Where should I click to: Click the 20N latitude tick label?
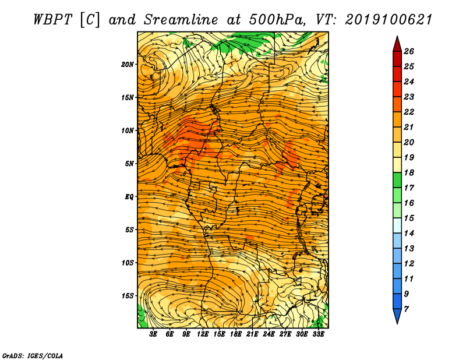[128, 65]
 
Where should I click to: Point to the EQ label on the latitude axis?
[129, 197]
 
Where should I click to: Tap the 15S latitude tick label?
[128, 296]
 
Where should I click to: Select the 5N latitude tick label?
[129, 164]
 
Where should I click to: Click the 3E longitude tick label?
[153, 334]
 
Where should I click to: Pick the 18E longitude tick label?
[236, 334]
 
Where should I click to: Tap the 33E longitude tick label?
[318, 334]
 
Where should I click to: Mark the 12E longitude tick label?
[203, 334]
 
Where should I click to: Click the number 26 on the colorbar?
[409, 51]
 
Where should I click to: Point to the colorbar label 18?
[409, 172]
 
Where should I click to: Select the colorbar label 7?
[406, 309]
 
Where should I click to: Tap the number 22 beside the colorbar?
[409, 112]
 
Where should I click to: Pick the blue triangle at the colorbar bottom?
[397, 315]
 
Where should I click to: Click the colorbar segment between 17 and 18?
[397, 180]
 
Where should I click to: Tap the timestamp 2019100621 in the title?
[389, 20]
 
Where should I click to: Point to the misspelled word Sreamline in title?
[181, 20]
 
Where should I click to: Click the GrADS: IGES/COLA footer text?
[33, 356]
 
